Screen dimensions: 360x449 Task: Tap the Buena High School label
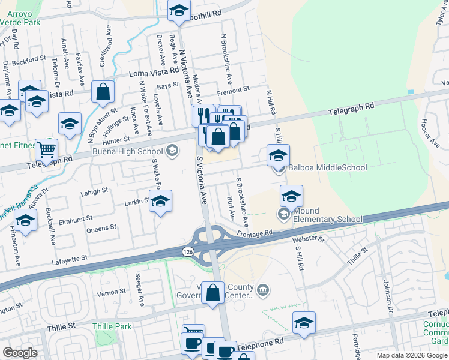pyautogui.click(x=128, y=151)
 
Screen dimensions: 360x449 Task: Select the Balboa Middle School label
pyautogui.click(x=328, y=167)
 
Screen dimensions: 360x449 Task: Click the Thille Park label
pyautogui.click(x=112, y=326)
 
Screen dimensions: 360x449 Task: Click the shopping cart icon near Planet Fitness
pyautogui.click(x=46, y=149)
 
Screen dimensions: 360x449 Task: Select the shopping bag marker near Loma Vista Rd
pyautogui.click(x=103, y=92)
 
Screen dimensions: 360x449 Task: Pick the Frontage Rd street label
pyautogui.click(x=255, y=233)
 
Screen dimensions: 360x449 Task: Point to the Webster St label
pyautogui.click(x=308, y=240)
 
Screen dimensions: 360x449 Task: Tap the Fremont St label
pyautogui.click(x=233, y=89)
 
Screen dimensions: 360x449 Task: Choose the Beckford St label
pyautogui.click(x=32, y=59)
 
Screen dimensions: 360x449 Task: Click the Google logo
pyautogui.click(x=20, y=353)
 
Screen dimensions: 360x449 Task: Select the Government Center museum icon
pyautogui.click(x=262, y=291)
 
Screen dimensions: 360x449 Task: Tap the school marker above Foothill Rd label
pyautogui.click(x=178, y=10)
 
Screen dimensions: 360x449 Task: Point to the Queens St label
pyautogui.click(x=101, y=229)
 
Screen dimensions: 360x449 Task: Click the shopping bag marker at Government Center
pyautogui.click(x=213, y=294)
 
